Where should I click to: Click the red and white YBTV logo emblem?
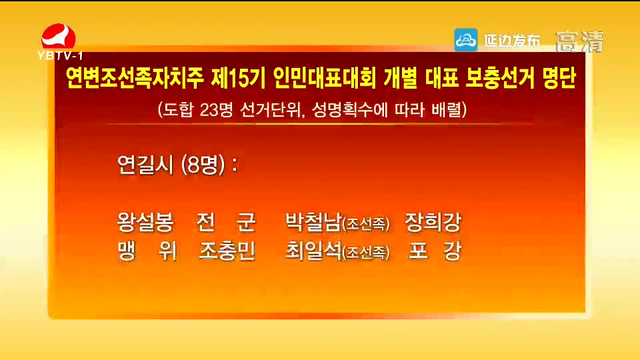click(59, 36)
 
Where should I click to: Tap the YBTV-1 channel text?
click(60, 55)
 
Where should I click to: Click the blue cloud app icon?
click(466, 40)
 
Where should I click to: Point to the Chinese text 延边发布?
click(512, 41)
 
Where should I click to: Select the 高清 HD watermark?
click(579, 41)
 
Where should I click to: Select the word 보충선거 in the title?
click(499, 78)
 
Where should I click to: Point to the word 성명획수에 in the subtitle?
click(350, 109)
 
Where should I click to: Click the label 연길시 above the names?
click(145, 165)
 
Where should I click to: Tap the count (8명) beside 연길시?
click(203, 165)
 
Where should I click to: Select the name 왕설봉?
click(145, 222)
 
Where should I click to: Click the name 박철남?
click(313, 222)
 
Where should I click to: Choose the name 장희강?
click(433, 222)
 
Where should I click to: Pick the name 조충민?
click(227, 251)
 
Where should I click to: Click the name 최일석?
click(313, 251)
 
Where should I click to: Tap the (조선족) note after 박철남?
click(366, 224)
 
